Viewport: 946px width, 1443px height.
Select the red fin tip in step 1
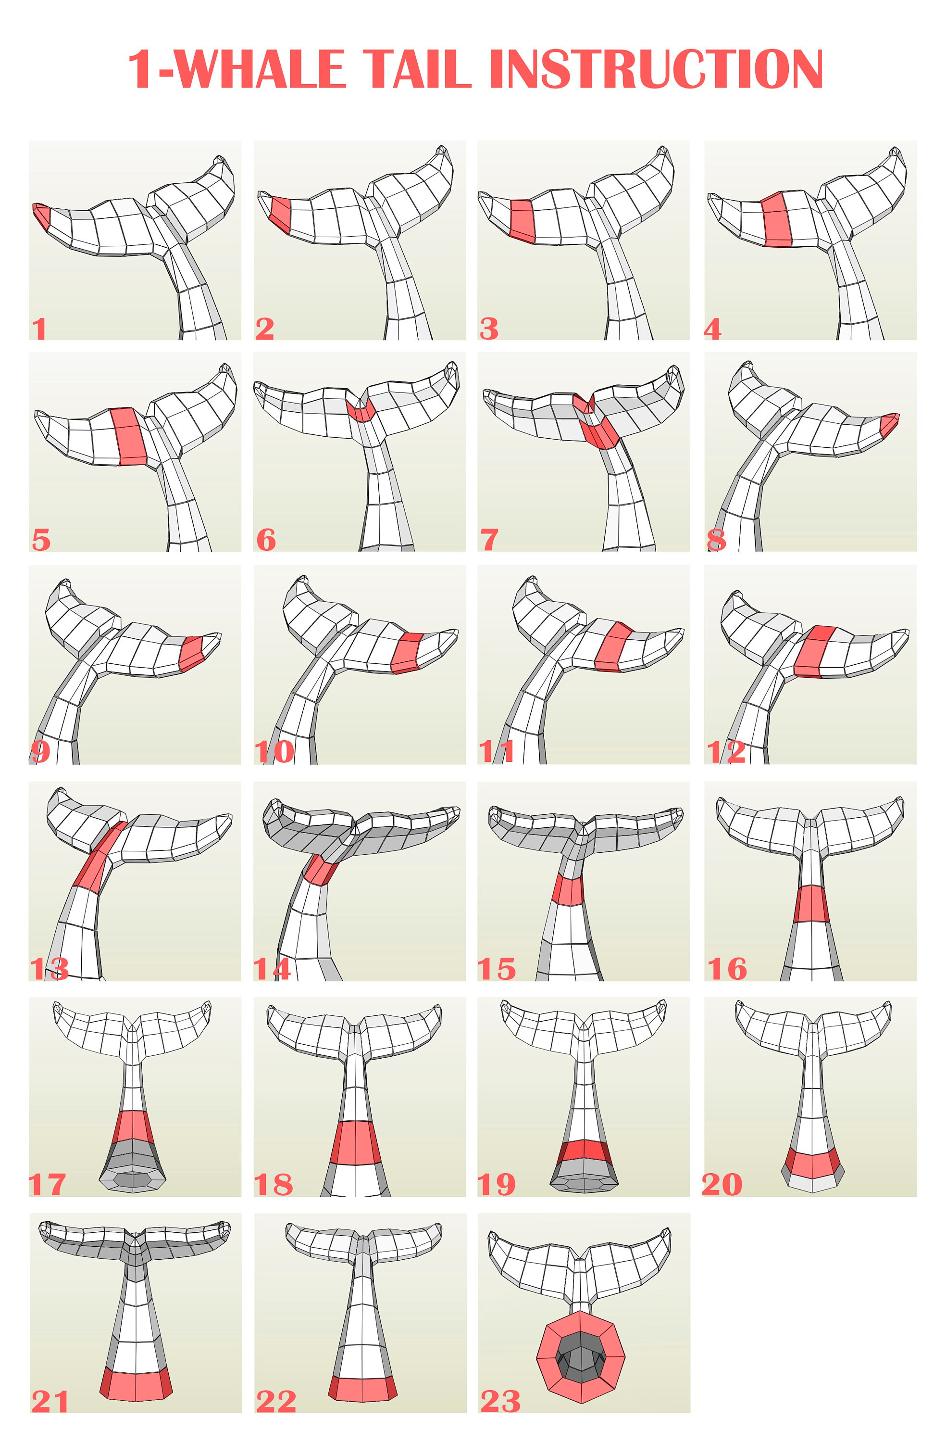pos(41,214)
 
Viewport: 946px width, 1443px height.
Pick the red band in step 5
pos(129,436)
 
